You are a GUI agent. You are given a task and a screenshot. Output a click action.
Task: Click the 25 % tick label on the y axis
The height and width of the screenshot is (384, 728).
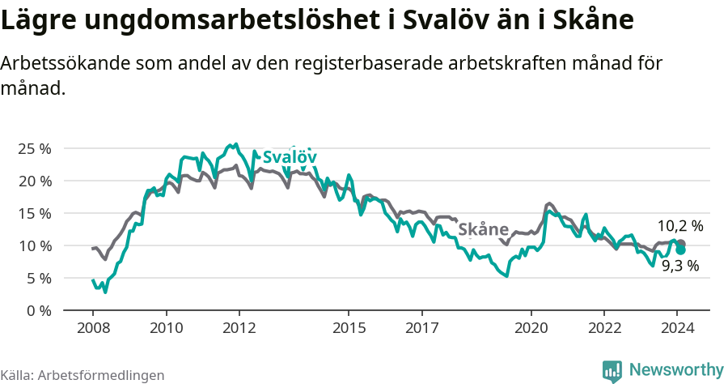pos(34,149)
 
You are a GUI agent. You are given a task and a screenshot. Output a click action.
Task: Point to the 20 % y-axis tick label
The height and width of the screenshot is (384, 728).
pos(34,181)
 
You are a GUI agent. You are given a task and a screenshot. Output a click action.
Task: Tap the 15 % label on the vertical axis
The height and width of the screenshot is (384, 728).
pos(34,214)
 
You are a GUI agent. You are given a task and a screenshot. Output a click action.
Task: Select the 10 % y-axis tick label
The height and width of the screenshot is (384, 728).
pos(34,246)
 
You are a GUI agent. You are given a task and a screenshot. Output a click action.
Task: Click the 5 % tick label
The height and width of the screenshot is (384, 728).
pos(38,279)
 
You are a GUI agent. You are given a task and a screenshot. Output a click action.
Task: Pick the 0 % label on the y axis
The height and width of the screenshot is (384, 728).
pos(38,311)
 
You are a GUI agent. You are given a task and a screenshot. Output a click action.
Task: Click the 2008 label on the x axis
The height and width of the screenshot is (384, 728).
pos(93,328)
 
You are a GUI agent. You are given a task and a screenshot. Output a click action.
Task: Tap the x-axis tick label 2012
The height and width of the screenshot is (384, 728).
pos(239,328)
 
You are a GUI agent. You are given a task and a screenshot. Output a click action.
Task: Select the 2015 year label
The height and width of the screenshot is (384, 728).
pos(349,328)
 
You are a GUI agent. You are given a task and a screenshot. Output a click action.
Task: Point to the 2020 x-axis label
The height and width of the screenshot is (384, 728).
pos(531,328)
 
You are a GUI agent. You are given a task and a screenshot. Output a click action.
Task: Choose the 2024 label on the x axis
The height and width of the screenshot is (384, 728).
pos(678,328)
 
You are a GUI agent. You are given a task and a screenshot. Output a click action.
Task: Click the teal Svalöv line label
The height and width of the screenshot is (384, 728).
pos(289,157)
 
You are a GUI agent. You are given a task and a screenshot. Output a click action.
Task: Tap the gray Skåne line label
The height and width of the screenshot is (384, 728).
pos(483,230)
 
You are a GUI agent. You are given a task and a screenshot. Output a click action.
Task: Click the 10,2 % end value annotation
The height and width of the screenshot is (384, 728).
pos(679,227)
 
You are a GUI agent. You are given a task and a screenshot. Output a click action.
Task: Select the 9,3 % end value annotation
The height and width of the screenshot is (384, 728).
pos(679,266)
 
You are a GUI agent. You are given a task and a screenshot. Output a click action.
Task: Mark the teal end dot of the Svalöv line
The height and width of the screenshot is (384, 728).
pos(681,250)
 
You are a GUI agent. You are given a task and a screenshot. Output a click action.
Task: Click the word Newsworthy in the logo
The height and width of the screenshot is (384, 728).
pos(675,370)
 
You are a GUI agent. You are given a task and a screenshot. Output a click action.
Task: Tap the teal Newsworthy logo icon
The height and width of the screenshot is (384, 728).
pos(612,371)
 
